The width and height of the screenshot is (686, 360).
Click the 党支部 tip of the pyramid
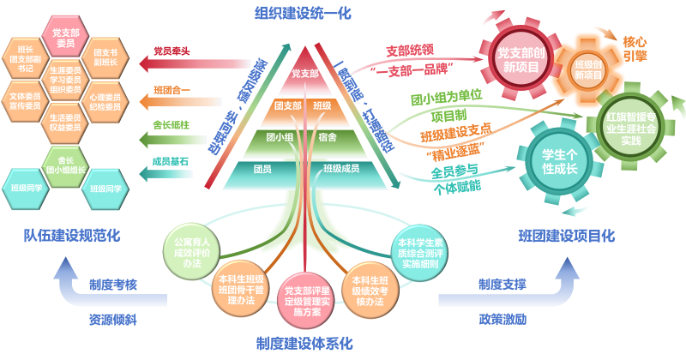(x=304, y=74)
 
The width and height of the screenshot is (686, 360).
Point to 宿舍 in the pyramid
(x=327, y=135)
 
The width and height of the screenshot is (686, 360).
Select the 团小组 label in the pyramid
(x=280, y=135)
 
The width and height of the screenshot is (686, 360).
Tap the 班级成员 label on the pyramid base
(x=341, y=169)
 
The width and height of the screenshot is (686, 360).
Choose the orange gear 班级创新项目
(x=588, y=69)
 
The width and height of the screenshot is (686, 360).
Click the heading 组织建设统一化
(x=304, y=13)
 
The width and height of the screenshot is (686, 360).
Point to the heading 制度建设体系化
(x=304, y=344)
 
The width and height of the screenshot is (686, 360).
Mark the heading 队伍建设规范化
(x=71, y=233)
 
